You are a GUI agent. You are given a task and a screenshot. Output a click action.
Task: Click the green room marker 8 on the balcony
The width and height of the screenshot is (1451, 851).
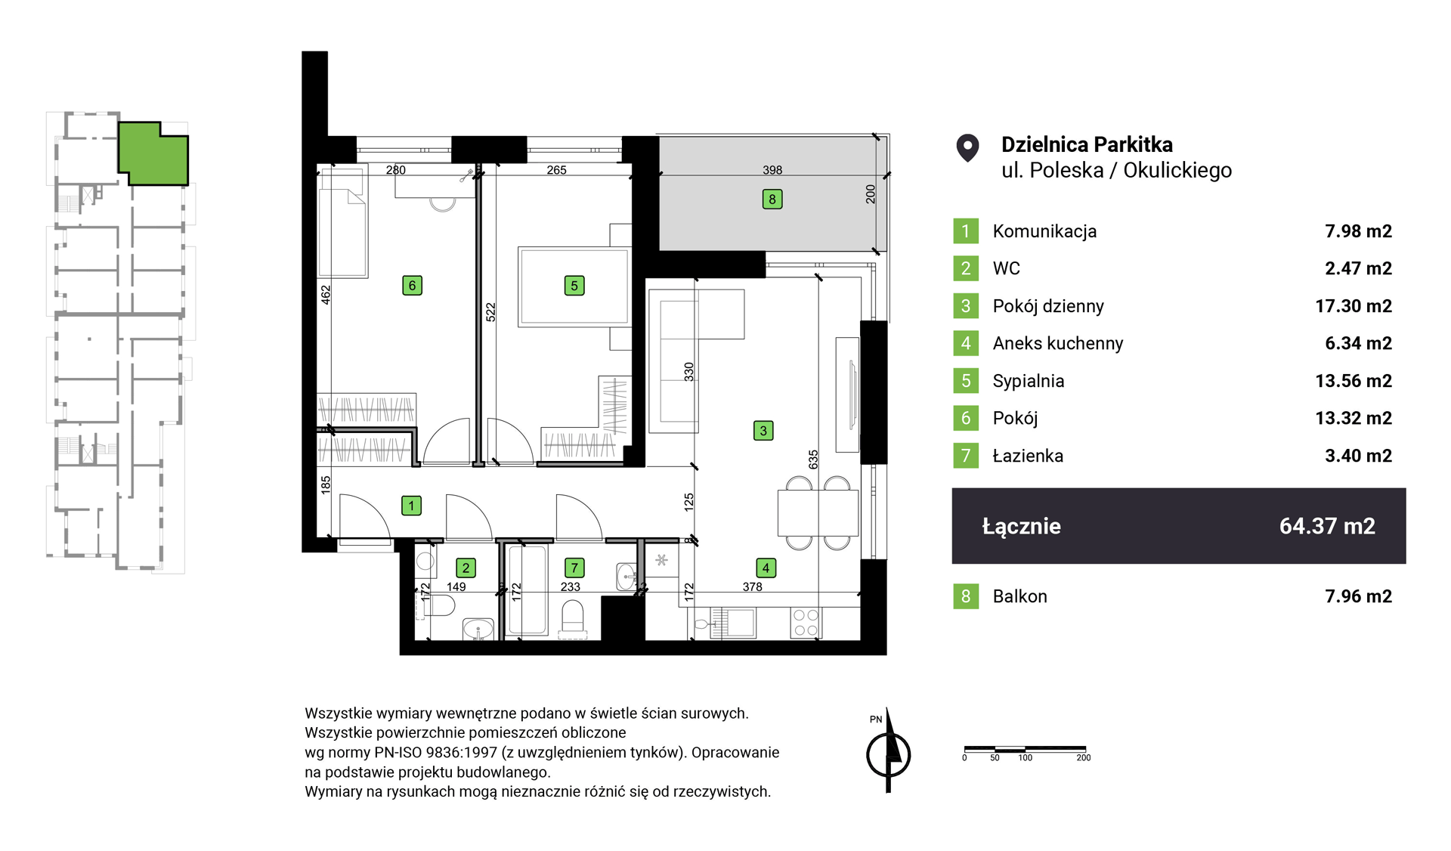click(772, 200)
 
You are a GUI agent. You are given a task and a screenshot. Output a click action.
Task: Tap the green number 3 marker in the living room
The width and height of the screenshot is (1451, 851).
click(763, 431)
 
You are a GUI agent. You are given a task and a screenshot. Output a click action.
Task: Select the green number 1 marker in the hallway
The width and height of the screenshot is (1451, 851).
click(411, 506)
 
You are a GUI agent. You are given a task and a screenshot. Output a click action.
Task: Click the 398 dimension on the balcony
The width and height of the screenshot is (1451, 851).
click(772, 170)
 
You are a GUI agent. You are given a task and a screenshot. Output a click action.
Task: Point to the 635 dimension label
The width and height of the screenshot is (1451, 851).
click(813, 459)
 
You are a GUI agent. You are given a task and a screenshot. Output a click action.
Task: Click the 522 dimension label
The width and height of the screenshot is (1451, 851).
click(490, 312)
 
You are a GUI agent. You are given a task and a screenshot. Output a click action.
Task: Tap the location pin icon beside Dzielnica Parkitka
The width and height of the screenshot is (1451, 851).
click(967, 148)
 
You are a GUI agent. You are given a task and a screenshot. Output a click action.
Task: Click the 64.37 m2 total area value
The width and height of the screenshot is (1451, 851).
click(1327, 526)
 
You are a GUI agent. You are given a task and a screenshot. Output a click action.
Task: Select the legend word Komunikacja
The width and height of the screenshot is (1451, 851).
click(1044, 231)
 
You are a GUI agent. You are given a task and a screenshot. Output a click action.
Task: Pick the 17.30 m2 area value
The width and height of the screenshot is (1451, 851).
click(1354, 306)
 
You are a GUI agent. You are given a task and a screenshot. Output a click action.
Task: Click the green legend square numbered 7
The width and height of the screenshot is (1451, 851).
click(966, 456)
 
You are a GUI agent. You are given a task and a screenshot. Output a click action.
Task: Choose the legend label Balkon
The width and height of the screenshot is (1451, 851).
click(1020, 596)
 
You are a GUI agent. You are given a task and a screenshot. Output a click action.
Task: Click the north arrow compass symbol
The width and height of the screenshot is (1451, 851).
click(888, 752)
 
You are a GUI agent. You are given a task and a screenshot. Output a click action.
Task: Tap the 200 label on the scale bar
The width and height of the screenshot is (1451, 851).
click(1084, 757)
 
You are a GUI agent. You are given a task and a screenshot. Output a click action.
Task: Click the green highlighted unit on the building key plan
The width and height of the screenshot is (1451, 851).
click(153, 153)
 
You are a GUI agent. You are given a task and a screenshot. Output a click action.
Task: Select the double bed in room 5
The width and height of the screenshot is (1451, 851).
click(574, 286)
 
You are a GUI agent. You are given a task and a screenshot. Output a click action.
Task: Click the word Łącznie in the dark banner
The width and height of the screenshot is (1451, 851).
click(1021, 526)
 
